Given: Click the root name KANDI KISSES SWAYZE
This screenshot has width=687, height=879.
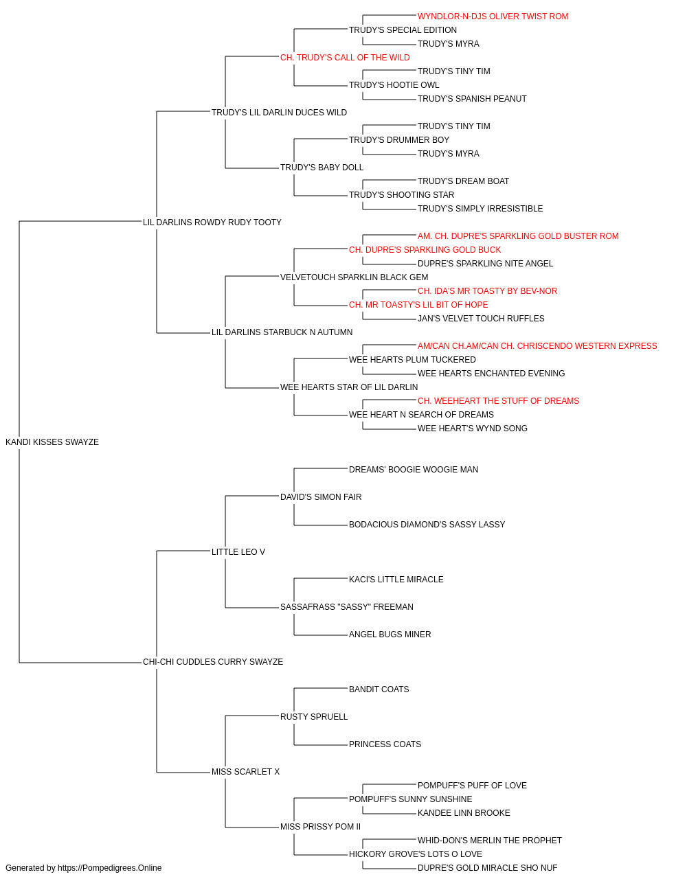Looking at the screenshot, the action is tap(52, 442).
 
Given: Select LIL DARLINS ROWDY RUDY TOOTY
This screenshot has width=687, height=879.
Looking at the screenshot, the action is tap(212, 222).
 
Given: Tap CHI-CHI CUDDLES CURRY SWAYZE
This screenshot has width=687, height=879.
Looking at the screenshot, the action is tap(213, 662).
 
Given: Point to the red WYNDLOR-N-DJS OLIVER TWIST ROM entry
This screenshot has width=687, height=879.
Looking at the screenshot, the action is tap(493, 16).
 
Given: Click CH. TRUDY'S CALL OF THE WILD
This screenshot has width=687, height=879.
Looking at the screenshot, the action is tap(345, 58).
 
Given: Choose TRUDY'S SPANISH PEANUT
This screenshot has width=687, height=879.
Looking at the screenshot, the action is tap(472, 99).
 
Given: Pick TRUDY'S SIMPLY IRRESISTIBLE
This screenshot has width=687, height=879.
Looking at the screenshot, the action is tap(480, 209).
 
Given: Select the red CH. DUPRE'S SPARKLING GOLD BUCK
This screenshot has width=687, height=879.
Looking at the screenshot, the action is tap(425, 250).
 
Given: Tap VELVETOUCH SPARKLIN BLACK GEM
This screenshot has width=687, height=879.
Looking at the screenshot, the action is tap(354, 277).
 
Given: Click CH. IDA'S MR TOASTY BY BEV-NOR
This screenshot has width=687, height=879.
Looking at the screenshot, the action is tap(487, 291).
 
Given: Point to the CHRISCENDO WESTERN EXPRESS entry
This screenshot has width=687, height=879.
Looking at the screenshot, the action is tap(537, 346).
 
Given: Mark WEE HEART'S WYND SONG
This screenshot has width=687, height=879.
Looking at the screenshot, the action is tap(472, 429).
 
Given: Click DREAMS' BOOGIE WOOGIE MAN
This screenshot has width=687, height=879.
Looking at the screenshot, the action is tap(414, 470).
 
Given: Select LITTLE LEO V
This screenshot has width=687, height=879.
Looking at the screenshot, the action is tap(238, 552).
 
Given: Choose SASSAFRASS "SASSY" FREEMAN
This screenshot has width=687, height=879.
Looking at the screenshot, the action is tap(347, 607).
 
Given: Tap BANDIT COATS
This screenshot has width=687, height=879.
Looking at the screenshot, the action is tap(379, 689).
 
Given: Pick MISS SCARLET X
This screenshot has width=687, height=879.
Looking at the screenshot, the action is tap(245, 772).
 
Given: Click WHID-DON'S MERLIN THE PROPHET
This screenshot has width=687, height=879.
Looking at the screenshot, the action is tap(490, 841).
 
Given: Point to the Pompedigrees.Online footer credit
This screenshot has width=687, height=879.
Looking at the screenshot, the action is tap(83, 868).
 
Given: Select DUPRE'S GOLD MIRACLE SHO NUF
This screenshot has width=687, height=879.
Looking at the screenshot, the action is tap(487, 868).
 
